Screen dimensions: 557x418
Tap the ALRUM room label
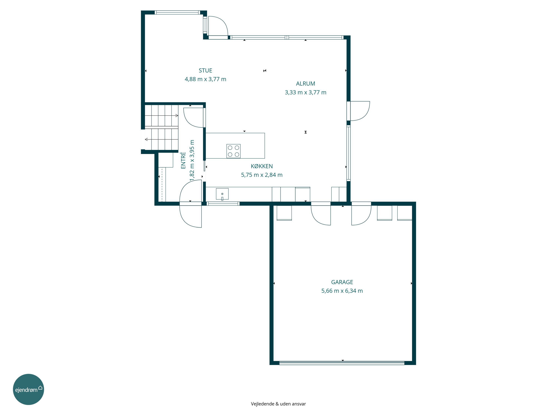point(305,84)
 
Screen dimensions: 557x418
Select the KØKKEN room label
point(262,166)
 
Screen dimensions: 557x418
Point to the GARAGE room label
point(342,282)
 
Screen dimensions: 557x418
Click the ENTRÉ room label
point(183,160)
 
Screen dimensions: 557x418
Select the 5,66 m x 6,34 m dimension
point(342,291)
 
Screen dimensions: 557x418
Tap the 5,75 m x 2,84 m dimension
point(262,175)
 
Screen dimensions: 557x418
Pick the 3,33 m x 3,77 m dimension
point(305,93)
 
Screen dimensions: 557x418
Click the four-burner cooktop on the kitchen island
point(233,151)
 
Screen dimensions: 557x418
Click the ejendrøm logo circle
point(28,389)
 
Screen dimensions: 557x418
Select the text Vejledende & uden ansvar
point(278,404)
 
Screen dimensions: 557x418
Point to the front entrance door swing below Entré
point(190,216)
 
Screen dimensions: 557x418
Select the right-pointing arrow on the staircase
point(177,116)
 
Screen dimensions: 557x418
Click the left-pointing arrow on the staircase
point(146,139)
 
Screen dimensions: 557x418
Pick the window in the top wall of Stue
point(177,12)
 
